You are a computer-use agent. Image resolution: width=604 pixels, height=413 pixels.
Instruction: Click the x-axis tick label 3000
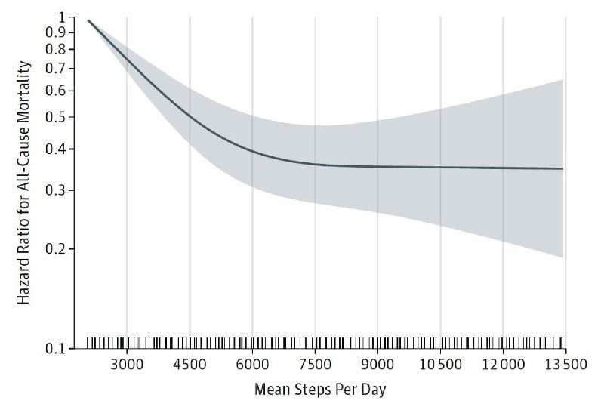(x=126, y=365)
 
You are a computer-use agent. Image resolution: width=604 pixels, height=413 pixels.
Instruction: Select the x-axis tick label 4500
(x=190, y=365)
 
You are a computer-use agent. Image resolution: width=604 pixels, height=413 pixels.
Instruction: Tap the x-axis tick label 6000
(x=252, y=365)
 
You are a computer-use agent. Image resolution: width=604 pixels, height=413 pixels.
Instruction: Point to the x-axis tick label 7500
(x=315, y=365)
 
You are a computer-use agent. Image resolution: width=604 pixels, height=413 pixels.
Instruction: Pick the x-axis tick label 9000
(x=377, y=365)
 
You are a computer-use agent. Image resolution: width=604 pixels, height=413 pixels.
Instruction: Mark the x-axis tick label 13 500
(x=565, y=365)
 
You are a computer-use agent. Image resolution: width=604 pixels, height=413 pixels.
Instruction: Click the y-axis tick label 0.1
(x=58, y=349)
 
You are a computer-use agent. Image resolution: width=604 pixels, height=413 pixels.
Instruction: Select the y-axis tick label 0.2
(x=58, y=248)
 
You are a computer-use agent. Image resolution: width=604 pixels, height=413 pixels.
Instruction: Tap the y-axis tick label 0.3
(x=58, y=190)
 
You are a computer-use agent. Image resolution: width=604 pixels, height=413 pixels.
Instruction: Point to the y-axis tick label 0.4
(x=58, y=149)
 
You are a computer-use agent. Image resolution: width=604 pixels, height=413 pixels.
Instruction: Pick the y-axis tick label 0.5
(x=58, y=117)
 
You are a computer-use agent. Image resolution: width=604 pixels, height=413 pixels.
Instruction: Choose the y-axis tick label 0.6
(x=58, y=91)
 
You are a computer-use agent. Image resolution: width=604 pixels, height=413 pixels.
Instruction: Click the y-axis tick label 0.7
(x=58, y=69)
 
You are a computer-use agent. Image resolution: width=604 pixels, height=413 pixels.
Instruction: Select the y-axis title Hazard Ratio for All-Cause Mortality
(x=24, y=183)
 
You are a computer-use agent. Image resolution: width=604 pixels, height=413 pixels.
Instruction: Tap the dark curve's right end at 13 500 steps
(x=563, y=168)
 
